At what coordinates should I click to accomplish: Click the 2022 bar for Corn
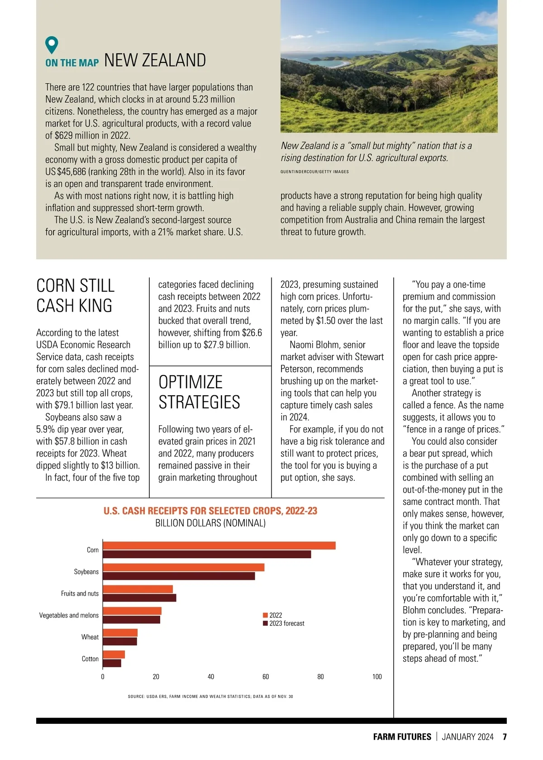point(219,546)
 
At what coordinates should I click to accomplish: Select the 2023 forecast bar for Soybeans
point(179,576)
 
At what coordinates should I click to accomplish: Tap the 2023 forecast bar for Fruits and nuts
point(140,598)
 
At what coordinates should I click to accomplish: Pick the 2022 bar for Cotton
point(114,655)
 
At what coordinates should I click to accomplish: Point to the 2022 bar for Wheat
point(120,633)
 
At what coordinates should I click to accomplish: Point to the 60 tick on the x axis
point(266,677)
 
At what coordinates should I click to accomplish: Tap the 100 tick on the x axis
point(377,677)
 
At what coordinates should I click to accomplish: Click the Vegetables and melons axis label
point(69,615)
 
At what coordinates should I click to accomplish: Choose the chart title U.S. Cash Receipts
point(210,511)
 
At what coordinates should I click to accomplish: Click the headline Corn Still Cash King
point(75,296)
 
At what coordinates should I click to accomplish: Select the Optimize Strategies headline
point(199,392)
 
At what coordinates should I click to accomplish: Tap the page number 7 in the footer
point(505,737)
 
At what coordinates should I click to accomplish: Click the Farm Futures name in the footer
point(402,737)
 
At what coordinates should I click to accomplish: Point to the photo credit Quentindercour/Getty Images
point(314,172)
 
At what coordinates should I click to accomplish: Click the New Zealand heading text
point(155,61)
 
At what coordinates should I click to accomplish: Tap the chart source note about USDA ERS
point(210,697)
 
